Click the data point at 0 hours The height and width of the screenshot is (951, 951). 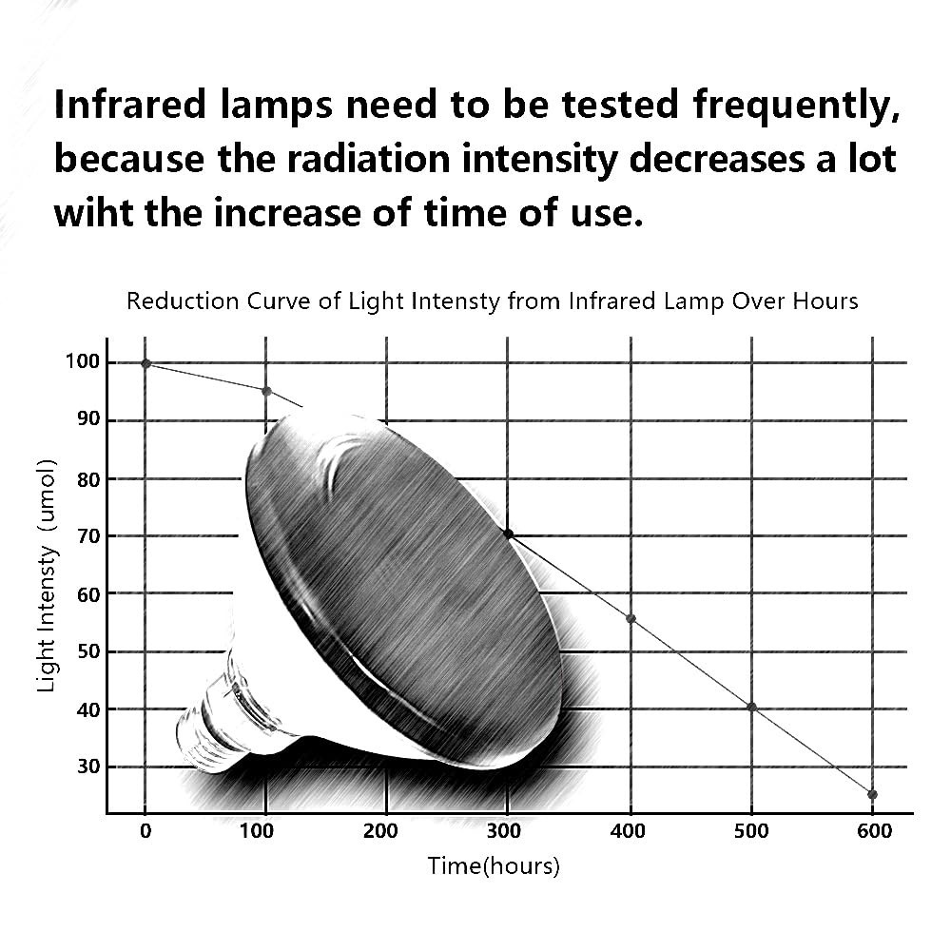click(x=146, y=363)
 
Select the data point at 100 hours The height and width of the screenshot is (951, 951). click(x=266, y=391)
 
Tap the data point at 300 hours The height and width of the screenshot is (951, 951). click(x=508, y=534)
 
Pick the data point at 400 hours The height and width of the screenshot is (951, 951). click(x=631, y=619)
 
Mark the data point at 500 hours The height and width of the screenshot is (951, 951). click(x=752, y=707)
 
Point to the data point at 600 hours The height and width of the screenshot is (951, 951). click(x=873, y=794)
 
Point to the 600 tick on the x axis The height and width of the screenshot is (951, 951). click(x=874, y=831)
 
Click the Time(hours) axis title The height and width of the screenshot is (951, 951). click(x=494, y=866)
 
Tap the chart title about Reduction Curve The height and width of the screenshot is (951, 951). click(x=493, y=301)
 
